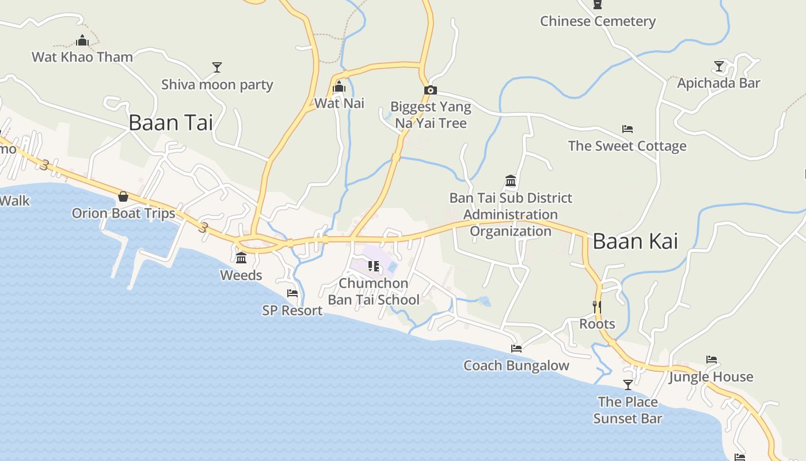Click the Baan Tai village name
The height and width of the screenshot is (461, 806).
coord(170,123)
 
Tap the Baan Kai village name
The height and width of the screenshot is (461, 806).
coord(635,241)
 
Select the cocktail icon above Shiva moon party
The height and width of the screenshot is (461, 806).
coord(216,67)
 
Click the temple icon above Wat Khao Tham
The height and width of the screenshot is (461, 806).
coord(82,40)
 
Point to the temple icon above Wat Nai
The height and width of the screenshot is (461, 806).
coord(339,87)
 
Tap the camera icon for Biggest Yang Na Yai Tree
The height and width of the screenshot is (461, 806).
coord(430,90)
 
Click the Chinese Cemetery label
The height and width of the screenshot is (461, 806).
coord(598,21)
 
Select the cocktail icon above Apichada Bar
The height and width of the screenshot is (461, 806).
coord(718,66)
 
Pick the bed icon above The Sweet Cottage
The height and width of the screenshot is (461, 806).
coord(627,129)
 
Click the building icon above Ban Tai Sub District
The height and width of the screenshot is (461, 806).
coord(511,181)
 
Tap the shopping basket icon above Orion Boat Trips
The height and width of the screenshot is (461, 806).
coord(123,197)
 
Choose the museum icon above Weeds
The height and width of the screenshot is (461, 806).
coord(241,258)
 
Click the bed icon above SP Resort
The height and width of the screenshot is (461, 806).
coord(292,293)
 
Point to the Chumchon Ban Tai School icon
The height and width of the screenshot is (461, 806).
coord(374,266)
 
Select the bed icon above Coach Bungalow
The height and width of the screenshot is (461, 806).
coord(516,349)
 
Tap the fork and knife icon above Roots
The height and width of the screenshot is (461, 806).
coord(597,307)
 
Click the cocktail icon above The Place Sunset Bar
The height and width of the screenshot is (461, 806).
coord(628,384)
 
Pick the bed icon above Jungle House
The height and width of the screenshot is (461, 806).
coord(712,360)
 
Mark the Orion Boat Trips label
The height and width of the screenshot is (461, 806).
coord(123,213)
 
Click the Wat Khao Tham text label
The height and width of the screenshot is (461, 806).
coord(82,57)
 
